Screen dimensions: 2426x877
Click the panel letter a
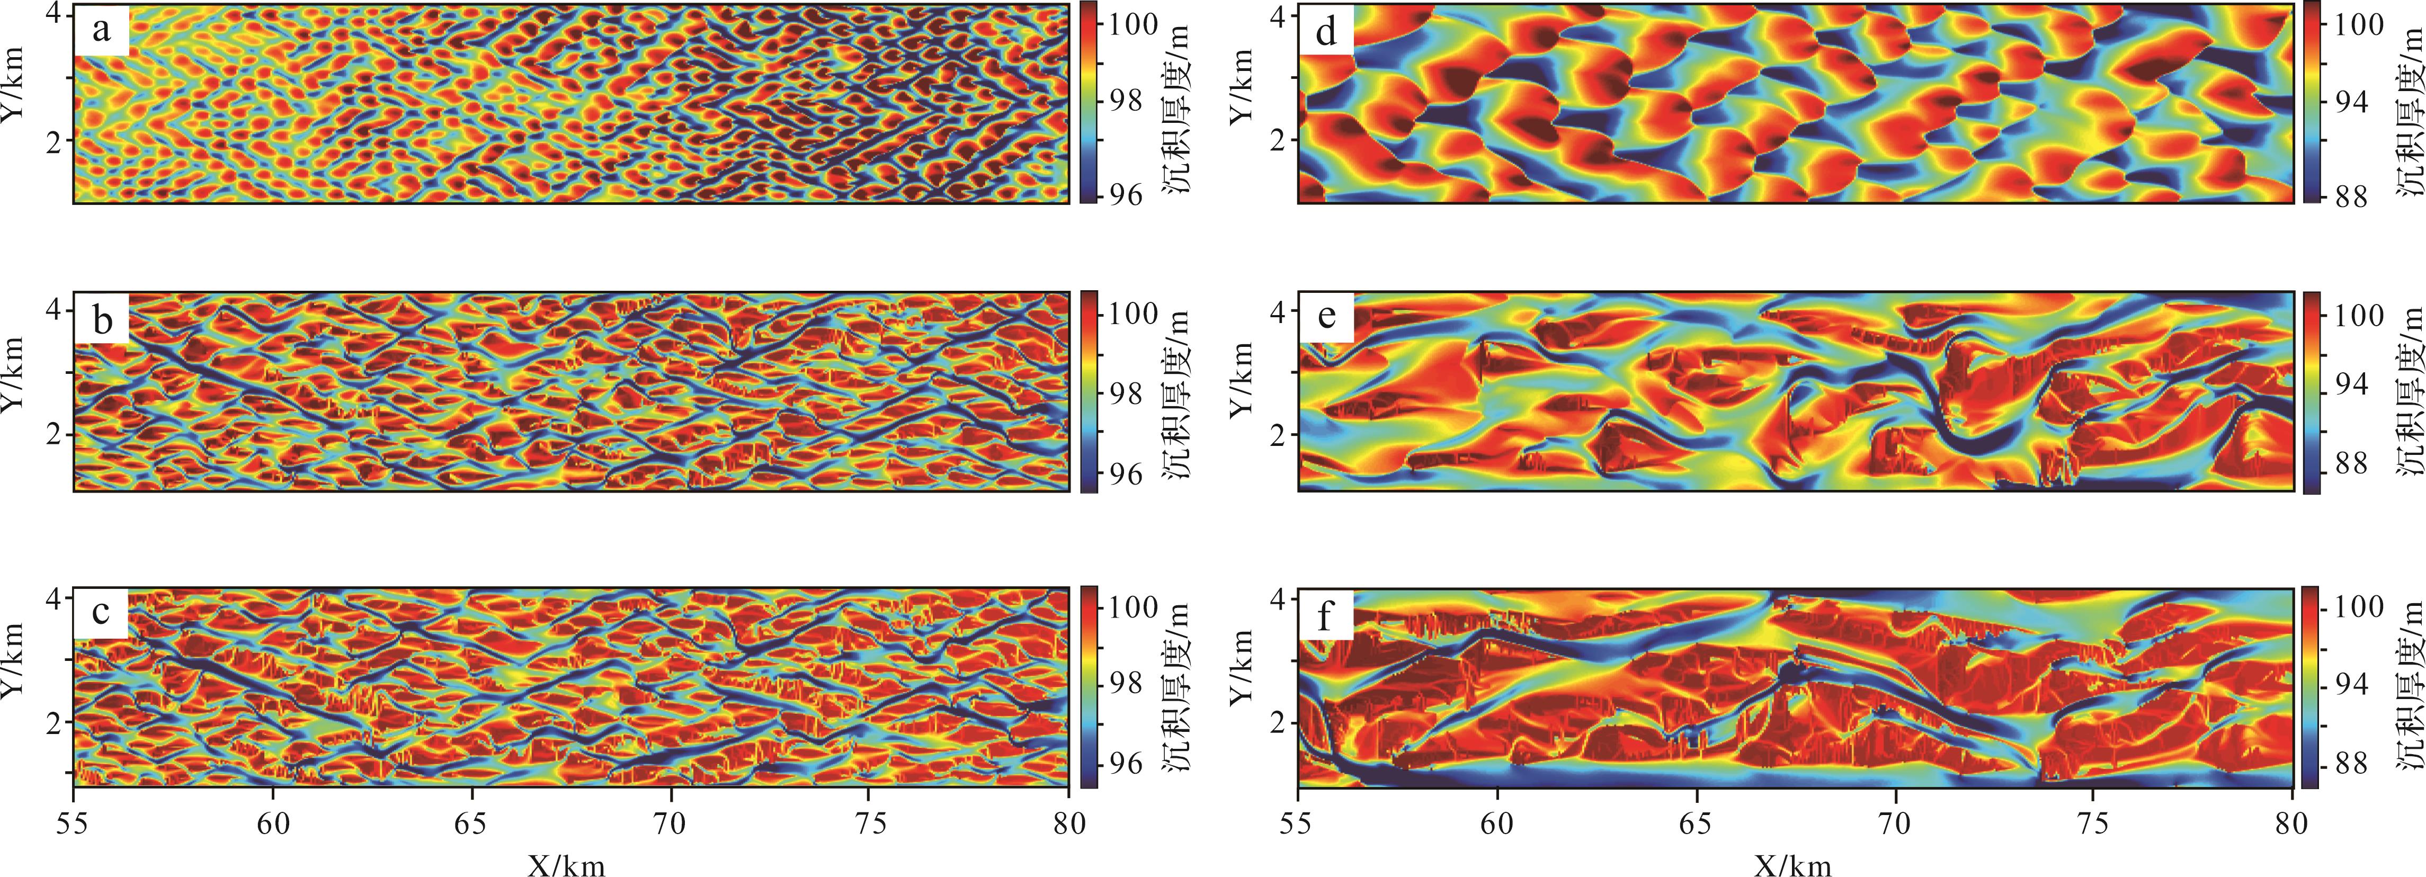(x=101, y=31)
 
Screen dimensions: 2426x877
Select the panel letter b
(x=102, y=321)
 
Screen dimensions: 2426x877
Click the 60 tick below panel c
(x=273, y=824)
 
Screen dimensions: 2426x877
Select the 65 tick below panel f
(x=1696, y=824)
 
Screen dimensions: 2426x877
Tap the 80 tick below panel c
(x=1067, y=824)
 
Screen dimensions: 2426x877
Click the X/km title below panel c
(x=566, y=864)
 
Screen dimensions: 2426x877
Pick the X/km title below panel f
(x=1792, y=864)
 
